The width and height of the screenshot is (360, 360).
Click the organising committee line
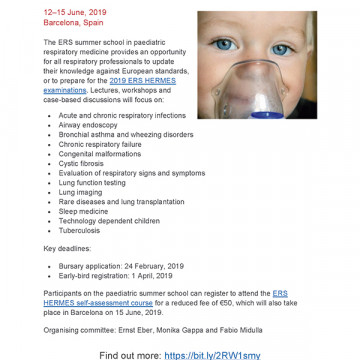click(x=149, y=329)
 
